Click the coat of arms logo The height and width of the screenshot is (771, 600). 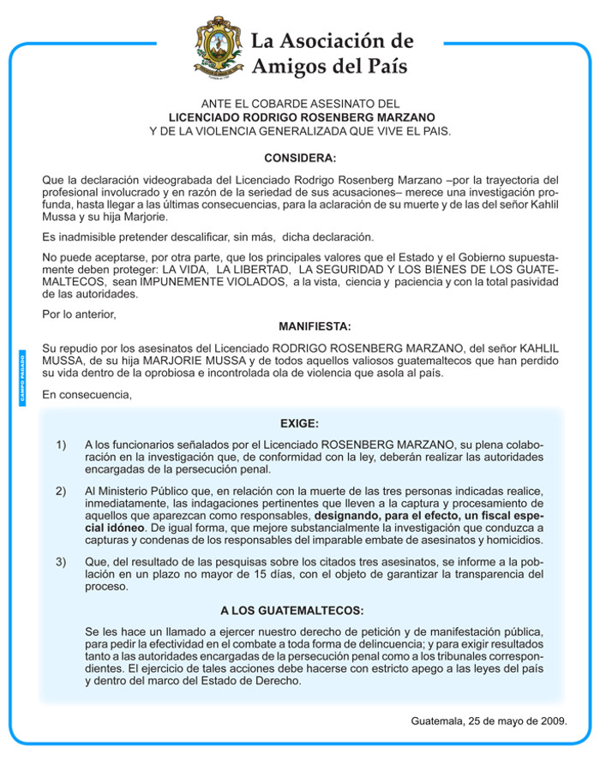coord(217,48)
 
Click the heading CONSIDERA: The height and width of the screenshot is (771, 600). coord(300,158)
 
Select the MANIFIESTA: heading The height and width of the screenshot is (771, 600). coord(315,326)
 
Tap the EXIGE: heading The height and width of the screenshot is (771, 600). coord(299,423)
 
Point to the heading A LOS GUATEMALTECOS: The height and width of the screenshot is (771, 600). coord(291,611)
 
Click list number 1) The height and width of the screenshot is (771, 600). coord(61,445)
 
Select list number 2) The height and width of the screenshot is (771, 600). coord(61,491)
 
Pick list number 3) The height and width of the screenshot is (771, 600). coord(61,562)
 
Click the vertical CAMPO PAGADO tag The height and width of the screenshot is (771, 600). coord(23,377)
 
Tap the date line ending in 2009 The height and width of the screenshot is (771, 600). coord(489,720)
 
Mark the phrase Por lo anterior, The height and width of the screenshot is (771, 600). coord(78,314)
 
